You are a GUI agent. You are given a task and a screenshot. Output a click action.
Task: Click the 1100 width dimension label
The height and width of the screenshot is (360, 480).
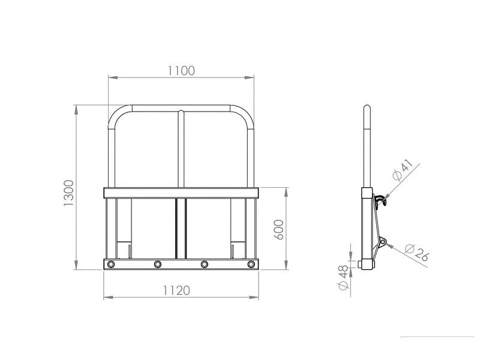pos(181,71)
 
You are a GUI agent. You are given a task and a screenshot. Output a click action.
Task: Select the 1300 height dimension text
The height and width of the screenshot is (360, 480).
pos(69,193)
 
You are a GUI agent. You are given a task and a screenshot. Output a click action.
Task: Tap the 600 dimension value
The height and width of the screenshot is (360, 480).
pos(279,230)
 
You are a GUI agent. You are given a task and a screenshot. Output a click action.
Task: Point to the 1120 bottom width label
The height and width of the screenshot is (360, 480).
pos(176,290)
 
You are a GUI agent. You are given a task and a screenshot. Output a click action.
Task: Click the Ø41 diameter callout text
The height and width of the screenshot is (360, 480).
pos(403,170)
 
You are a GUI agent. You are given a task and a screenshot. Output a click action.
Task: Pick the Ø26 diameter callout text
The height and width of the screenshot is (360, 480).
pos(416,253)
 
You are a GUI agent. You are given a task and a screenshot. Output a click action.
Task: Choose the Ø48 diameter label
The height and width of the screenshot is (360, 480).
pos(343,278)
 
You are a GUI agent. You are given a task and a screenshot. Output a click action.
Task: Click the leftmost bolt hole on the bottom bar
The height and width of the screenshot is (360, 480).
pos(111,264)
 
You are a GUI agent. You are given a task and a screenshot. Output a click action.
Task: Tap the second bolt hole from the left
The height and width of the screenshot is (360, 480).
pos(158,264)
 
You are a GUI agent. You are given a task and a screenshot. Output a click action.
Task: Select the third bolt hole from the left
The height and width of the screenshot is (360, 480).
pos(205,264)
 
